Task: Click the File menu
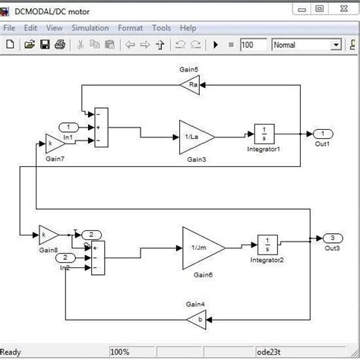pos(10,28)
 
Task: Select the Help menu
pos(188,28)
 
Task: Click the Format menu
pos(131,28)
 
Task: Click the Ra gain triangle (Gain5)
pos(189,85)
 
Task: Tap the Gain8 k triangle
pos(48,234)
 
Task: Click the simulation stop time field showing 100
pos(254,45)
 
